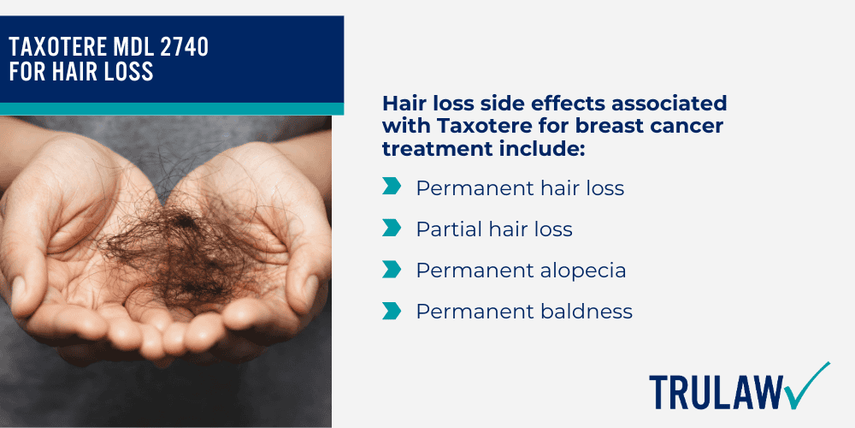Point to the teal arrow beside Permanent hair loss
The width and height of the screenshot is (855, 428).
(391, 187)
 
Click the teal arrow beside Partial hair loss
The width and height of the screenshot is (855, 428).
(391, 228)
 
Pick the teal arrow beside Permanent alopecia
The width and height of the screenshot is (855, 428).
(391, 269)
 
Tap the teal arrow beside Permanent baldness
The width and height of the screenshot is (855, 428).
(391, 310)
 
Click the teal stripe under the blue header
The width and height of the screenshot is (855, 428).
(171, 109)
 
